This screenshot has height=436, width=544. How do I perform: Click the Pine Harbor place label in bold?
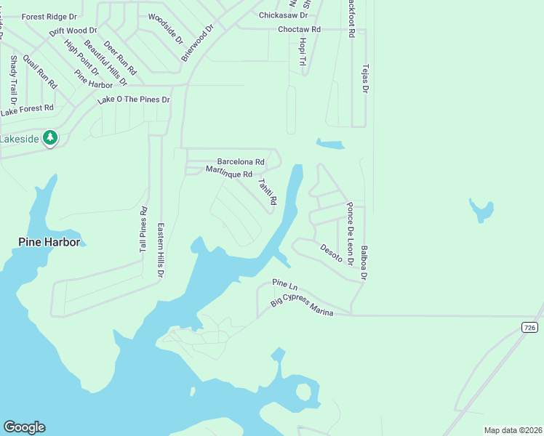pyautogui.click(x=49, y=242)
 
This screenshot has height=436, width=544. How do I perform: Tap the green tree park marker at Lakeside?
pyautogui.click(x=49, y=137)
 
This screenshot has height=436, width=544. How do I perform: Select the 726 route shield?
pyautogui.click(x=530, y=328)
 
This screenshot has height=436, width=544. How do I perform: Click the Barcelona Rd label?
pyautogui.click(x=240, y=162)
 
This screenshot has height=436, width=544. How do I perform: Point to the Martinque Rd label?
pyautogui.click(x=228, y=173)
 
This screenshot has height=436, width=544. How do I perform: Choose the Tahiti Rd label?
pyautogui.click(x=268, y=191)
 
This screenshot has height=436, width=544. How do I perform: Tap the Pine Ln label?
pyautogui.click(x=286, y=283)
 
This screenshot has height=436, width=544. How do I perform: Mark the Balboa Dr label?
pyautogui.click(x=364, y=262)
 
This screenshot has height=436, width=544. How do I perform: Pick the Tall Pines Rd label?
pyautogui.click(x=143, y=235)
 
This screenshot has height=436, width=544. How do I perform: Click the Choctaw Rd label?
pyautogui.click(x=299, y=30)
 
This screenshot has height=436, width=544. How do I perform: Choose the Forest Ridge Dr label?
pyautogui.click(x=49, y=16)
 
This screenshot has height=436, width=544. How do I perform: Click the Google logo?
pyautogui.click(x=24, y=427)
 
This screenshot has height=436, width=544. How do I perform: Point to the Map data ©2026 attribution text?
pyautogui.click(x=512, y=430)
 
